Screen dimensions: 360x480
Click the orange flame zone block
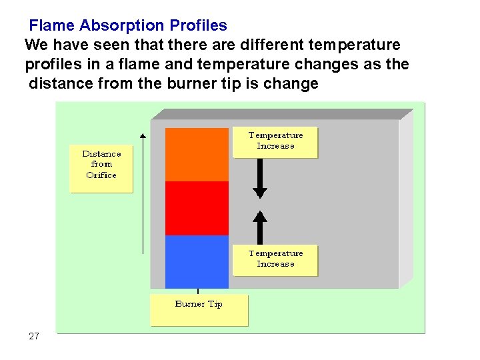coord(197,154)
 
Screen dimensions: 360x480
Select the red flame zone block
coord(197,208)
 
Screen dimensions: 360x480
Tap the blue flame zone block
coord(197,261)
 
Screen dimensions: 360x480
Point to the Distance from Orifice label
coord(101,165)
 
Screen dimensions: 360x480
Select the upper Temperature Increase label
coord(275,141)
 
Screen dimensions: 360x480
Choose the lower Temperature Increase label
coord(275,259)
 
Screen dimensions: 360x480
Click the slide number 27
coord(34,336)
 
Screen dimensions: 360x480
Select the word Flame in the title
coord(52,26)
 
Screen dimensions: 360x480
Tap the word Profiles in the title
coord(198,26)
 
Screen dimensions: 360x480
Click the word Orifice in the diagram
coord(101,175)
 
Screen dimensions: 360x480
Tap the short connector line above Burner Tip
coord(198,291)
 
